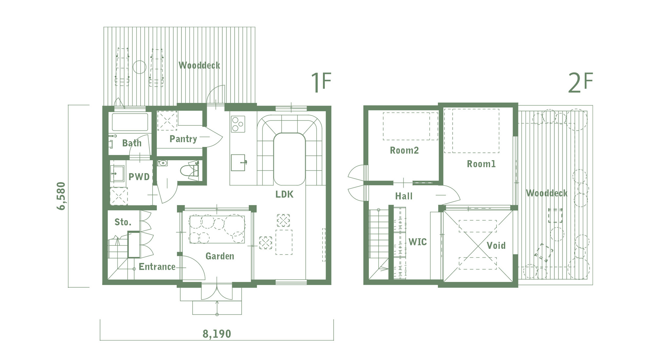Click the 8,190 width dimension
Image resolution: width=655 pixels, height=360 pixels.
[217, 334]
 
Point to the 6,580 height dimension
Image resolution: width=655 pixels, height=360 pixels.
[61, 196]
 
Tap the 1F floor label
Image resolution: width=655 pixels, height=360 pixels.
[321, 82]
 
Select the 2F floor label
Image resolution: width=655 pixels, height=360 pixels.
[580, 82]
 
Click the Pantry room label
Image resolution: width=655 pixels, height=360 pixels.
[183, 139]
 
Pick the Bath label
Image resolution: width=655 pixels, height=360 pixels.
[132, 143]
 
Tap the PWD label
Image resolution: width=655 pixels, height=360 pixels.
[139, 177]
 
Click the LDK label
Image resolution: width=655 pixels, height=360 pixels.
[284, 194]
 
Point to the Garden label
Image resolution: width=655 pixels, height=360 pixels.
[220, 256]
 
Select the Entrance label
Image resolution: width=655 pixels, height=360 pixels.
[157, 267]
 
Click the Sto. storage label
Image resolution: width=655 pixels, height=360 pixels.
[123, 222]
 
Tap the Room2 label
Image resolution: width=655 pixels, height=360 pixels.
[404, 150]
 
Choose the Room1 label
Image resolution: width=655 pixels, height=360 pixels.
[481, 164]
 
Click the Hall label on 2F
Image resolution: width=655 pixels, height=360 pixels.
[404, 196]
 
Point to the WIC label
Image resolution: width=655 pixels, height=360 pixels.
[418, 242]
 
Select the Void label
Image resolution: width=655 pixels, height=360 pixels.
[496, 245]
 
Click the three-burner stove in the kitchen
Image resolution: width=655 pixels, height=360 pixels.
[238, 124]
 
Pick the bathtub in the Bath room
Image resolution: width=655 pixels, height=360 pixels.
[130, 122]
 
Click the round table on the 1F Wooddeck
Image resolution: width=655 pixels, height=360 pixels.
[140, 67]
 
